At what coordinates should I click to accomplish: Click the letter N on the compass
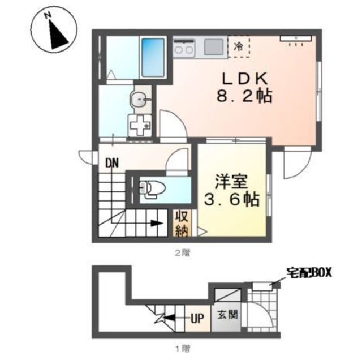(x=48, y=15)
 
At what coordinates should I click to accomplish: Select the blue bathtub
(x=153, y=58)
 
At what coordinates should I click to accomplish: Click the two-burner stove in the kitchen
(x=184, y=48)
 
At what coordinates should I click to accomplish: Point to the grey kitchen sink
(x=214, y=47)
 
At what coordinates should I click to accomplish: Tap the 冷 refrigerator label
(x=238, y=46)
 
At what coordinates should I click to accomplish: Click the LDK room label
(x=245, y=79)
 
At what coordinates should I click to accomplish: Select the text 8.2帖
(x=244, y=96)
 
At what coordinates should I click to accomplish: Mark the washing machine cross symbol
(x=140, y=125)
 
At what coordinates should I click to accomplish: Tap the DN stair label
(x=112, y=163)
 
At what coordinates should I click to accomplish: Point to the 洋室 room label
(x=231, y=182)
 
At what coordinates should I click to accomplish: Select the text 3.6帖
(x=231, y=199)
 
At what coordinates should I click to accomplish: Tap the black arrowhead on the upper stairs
(x=157, y=223)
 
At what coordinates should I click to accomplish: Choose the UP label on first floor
(x=197, y=319)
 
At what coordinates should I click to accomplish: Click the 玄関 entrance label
(x=227, y=315)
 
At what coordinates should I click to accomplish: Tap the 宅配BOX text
(x=309, y=273)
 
